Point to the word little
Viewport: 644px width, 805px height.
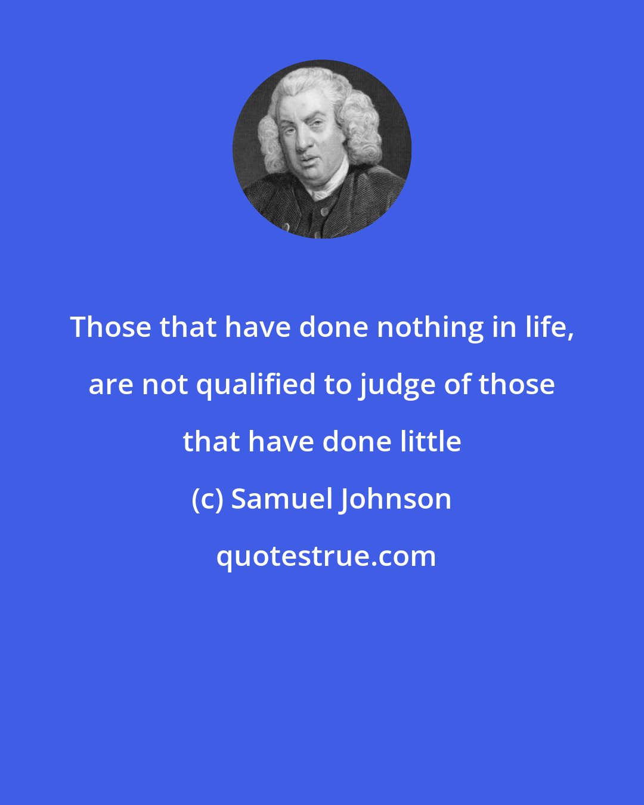click(432, 442)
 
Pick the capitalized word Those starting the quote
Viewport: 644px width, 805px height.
click(110, 327)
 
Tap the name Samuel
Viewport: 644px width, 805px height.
click(280, 499)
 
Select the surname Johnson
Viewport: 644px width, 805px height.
click(396, 499)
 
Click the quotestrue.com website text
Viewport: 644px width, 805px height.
click(326, 556)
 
